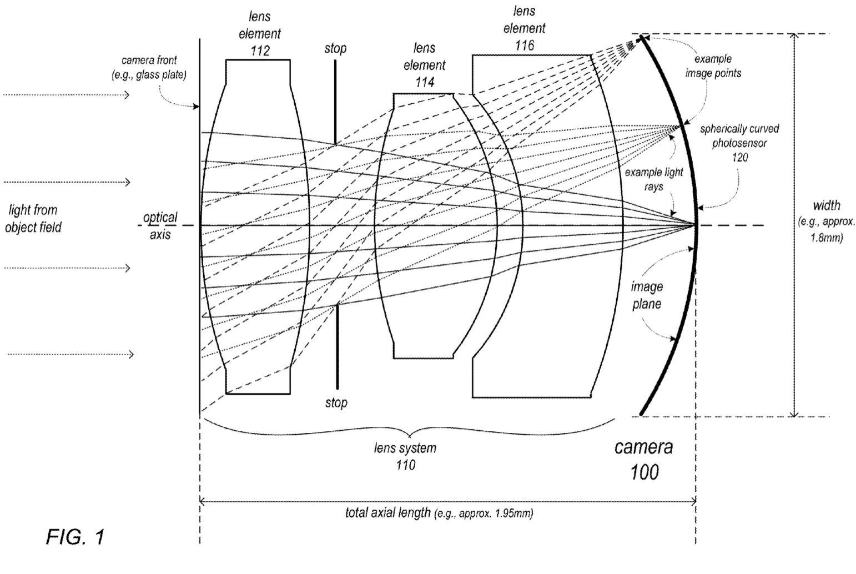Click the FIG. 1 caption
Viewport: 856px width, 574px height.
tap(75, 537)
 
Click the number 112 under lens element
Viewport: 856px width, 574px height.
tap(260, 51)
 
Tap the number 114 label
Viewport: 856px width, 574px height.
tap(425, 82)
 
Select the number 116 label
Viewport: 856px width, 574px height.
tap(524, 46)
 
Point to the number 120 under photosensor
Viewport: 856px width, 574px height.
tap(740, 157)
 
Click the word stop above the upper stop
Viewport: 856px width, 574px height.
tap(335, 48)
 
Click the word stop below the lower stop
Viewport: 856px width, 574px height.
tap(336, 402)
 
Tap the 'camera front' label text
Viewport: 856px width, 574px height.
tap(149, 61)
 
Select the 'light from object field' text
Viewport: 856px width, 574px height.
tap(33, 219)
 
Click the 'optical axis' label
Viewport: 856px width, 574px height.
tap(160, 226)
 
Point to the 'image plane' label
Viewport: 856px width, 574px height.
tap(647, 295)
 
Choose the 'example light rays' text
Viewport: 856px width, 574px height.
tap(654, 179)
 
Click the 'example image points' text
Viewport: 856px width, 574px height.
tap(713, 66)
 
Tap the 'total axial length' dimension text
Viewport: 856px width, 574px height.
tap(388, 512)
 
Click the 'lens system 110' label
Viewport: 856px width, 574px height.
tap(405, 456)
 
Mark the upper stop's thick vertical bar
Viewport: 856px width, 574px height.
tap(335, 102)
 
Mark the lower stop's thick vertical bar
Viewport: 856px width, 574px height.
tap(338, 346)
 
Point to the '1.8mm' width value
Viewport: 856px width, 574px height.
tap(827, 238)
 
